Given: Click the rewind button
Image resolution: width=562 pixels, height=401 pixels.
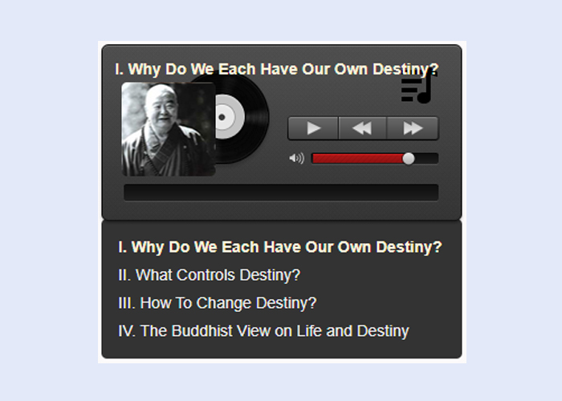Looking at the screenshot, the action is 362,128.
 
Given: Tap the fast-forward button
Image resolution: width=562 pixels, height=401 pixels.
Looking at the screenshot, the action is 413,128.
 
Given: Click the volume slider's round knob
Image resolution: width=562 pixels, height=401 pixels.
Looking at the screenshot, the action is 408,158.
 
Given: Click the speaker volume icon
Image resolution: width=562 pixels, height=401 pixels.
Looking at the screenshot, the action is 297,158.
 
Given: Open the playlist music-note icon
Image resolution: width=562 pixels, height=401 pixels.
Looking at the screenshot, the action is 418,88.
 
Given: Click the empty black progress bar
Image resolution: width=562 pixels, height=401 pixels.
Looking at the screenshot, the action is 281,192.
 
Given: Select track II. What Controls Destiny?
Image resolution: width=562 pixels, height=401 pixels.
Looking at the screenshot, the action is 209,275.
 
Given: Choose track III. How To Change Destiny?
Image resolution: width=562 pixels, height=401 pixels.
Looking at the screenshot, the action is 218,303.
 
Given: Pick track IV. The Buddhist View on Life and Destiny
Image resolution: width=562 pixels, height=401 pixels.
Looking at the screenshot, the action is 263,331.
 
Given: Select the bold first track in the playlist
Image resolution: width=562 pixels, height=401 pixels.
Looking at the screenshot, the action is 280,247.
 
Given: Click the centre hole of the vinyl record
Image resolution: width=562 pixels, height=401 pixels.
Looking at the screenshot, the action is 222,117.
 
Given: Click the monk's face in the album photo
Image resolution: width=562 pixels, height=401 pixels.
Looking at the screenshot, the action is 163,105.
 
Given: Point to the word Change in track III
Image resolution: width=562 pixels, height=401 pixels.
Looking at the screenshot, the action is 224,303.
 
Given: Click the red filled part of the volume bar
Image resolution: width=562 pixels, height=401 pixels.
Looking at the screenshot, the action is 358,158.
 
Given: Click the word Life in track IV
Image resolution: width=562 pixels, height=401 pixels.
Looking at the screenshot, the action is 309,330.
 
